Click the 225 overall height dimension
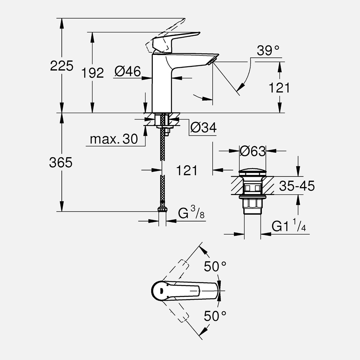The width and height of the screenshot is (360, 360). click(62, 66)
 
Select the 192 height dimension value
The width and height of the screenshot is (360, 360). click(93, 73)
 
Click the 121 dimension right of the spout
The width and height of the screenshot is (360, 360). click(279, 88)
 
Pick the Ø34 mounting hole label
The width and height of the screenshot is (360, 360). click(204, 128)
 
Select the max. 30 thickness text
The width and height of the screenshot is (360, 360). click(114, 139)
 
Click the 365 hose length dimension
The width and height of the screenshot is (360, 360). click(61, 162)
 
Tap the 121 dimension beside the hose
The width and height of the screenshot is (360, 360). click(187, 170)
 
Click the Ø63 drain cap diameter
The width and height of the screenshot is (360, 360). click(252, 151)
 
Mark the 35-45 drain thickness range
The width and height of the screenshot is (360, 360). click(297, 186)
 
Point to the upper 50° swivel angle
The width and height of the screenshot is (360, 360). click(215, 267)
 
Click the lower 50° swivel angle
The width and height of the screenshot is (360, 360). click(215, 316)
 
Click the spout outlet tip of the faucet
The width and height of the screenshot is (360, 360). click(214, 60)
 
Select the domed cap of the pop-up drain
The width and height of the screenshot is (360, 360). click(252, 173)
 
